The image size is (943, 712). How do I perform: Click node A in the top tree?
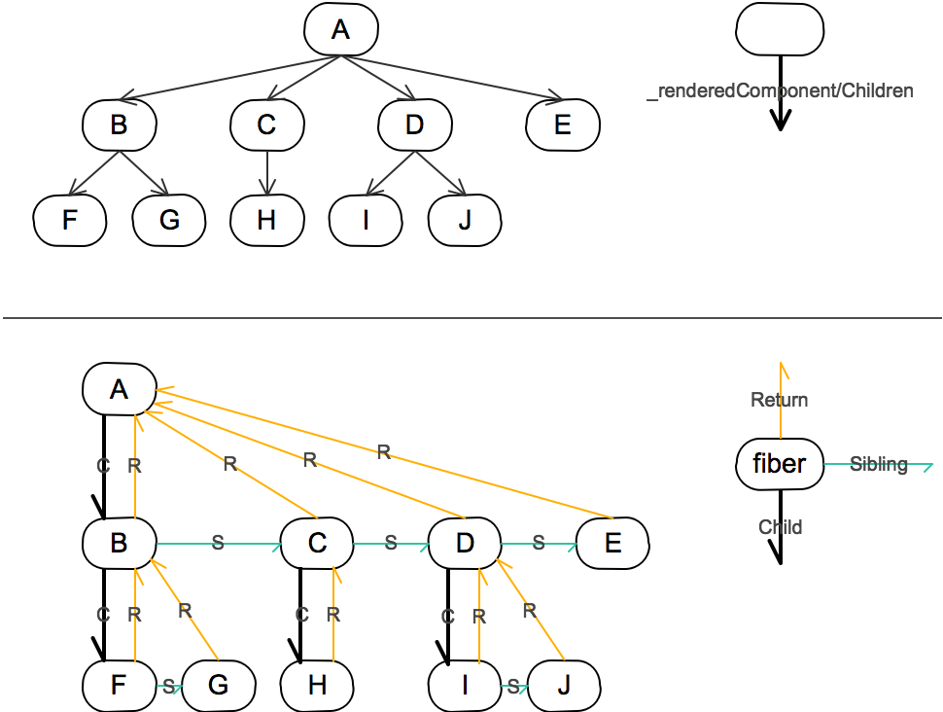point(339,30)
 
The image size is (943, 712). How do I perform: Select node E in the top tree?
point(563,125)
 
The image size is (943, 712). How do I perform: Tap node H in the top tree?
point(267,221)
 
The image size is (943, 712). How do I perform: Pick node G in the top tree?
point(169,221)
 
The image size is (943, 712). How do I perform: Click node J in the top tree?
point(465,221)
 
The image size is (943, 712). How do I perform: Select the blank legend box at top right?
point(780,29)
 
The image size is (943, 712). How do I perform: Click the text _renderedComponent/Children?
point(781,91)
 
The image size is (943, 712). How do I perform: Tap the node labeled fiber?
point(780,464)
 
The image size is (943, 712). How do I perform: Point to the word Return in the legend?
point(780,400)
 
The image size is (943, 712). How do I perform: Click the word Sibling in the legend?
point(878,464)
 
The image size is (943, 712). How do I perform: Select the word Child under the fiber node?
point(780,527)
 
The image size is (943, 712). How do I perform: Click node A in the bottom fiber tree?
point(119,390)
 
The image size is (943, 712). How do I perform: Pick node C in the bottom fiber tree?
point(317,544)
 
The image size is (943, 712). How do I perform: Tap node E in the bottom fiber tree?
point(612,544)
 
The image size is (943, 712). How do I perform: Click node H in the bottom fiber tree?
point(317,685)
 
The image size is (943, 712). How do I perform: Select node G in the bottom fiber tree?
point(218,685)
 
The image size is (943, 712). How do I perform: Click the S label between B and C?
point(218,544)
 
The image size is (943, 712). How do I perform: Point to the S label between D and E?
point(538,544)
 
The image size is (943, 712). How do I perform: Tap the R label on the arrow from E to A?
point(383,451)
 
